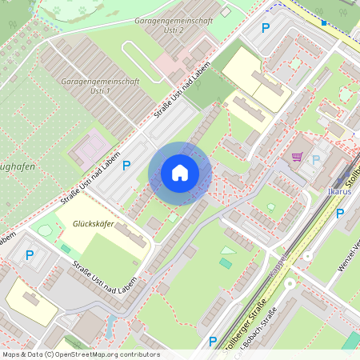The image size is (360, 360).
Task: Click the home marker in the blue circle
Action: [180, 173]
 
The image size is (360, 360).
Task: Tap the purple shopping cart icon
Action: [298, 157]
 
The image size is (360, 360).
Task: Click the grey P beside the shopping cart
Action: [316, 159]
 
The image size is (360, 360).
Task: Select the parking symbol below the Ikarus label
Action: [340, 214]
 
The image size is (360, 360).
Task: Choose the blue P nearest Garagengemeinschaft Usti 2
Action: [266, 27]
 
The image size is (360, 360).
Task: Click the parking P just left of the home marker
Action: [126, 166]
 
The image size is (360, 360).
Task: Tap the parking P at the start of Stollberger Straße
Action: [212, 342]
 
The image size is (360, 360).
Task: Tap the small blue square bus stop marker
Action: [324, 22]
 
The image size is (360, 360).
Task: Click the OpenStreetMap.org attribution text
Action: [80, 354]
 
